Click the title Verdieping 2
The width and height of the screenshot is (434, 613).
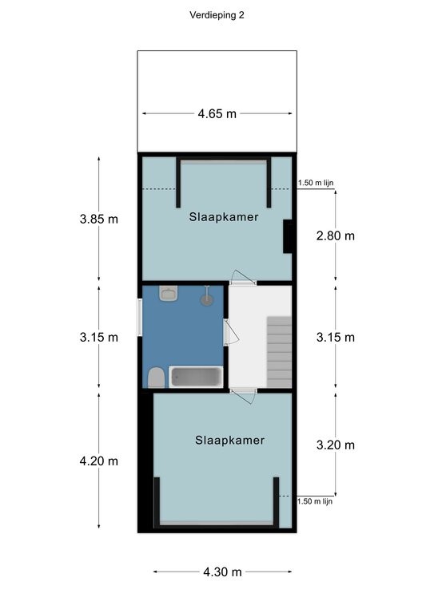click(217, 15)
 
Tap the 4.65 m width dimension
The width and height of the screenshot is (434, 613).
click(217, 114)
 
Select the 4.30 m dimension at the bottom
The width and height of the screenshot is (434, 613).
click(223, 572)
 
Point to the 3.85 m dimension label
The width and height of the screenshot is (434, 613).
click(99, 219)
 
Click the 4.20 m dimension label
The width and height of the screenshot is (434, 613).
click(99, 461)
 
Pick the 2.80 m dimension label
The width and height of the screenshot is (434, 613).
click(336, 235)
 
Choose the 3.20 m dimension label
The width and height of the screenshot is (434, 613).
click(336, 445)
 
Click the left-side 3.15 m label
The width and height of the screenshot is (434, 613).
click(99, 337)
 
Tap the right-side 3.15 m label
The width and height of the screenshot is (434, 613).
click(336, 337)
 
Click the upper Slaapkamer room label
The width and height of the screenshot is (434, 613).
click(224, 217)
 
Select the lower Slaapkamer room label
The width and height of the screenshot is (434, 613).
click(230, 441)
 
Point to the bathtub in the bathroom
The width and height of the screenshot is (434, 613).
click(196, 377)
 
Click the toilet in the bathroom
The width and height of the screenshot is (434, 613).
click(156, 378)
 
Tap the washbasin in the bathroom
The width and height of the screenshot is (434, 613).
click(169, 293)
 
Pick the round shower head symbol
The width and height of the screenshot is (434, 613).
click(207, 300)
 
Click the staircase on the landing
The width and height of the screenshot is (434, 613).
click(280, 352)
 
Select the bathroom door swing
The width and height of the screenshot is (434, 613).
click(231, 332)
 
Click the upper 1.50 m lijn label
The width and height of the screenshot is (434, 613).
click(316, 183)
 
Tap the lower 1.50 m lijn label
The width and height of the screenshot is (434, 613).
click(315, 501)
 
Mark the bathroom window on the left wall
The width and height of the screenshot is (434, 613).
click(140, 317)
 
